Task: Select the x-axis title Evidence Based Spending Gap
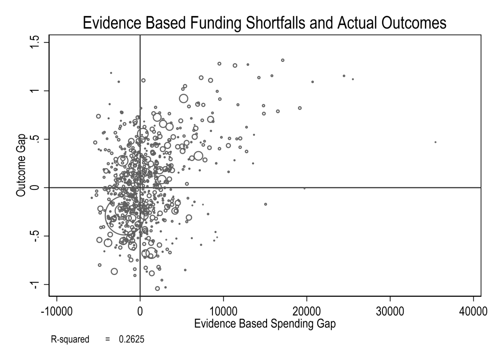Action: click(265, 324)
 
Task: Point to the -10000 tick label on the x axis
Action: click(56, 310)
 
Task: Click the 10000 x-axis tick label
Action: click(223, 310)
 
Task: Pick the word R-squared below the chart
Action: click(70, 340)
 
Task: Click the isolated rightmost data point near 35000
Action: click(435, 142)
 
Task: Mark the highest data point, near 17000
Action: click(282, 60)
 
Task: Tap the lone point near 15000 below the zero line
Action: click(266, 204)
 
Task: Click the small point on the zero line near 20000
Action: click(304, 188)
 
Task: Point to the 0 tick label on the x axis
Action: click(140, 310)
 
